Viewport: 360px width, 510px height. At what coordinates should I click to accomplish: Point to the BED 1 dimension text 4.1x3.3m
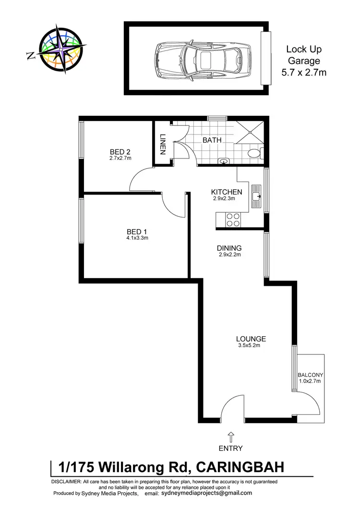click(x=134, y=237)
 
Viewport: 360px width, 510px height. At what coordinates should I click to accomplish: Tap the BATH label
click(x=212, y=141)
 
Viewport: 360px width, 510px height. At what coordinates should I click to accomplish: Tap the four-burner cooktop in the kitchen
click(x=233, y=219)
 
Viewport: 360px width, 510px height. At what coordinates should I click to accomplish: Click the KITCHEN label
click(x=227, y=192)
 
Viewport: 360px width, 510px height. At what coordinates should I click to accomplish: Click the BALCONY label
click(x=309, y=375)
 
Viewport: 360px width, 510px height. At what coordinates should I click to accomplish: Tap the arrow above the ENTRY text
click(x=231, y=437)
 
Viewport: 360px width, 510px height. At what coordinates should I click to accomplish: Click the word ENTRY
click(x=231, y=449)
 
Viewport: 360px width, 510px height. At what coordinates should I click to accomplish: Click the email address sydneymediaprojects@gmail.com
click(x=206, y=493)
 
